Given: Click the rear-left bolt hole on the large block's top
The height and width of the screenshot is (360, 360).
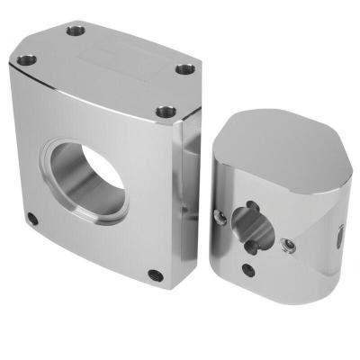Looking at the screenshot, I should pos(76,31).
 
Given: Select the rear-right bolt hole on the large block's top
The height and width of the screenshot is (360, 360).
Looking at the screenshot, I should pos(184,69).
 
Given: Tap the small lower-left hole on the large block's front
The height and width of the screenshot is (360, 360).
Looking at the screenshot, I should pos(33,219).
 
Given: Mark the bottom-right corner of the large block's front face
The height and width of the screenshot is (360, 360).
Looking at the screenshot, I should pos(171,286).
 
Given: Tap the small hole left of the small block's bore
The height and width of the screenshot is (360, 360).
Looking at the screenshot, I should pos(220,215).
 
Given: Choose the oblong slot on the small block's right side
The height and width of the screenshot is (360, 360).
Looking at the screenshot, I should pos(339,236).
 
